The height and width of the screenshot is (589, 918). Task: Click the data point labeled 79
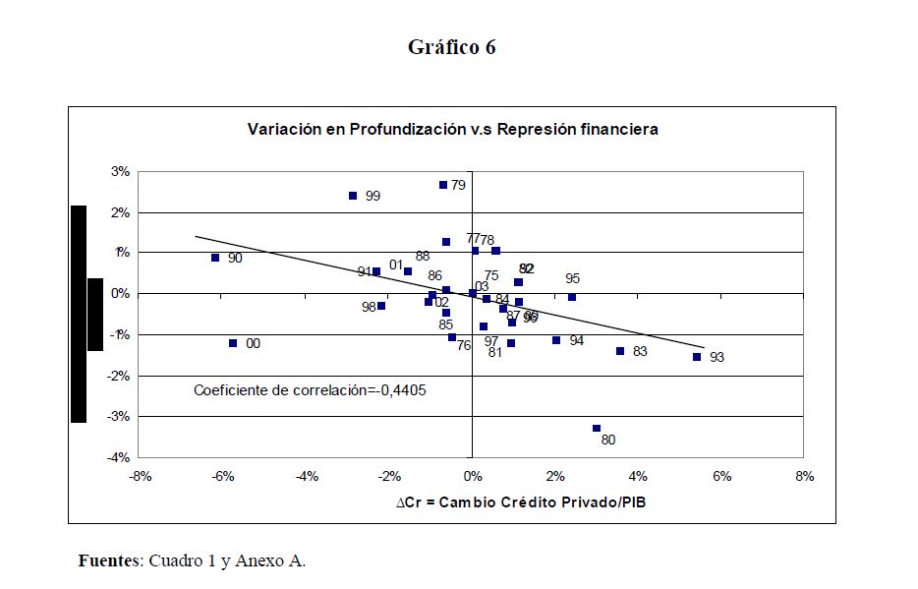[443, 185]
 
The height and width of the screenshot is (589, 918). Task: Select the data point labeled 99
[353, 196]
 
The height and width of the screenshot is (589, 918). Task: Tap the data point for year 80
[597, 428]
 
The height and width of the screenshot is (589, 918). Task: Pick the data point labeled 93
[697, 357]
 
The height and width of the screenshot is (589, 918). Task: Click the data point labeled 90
[215, 258]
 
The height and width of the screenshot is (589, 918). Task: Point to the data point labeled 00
[233, 343]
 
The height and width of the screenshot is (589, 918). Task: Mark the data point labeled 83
[620, 351]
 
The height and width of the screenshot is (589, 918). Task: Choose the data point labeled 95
[572, 297]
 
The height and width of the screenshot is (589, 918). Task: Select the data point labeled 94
[556, 340]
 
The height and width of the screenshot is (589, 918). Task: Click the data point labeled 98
[381, 306]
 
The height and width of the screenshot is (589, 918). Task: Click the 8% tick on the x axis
[804, 477]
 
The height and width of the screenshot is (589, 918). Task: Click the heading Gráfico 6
[452, 48]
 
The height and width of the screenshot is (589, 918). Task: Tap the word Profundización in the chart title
[403, 129]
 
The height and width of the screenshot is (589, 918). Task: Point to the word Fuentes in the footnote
[108, 561]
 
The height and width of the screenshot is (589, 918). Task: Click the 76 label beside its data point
[464, 345]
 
